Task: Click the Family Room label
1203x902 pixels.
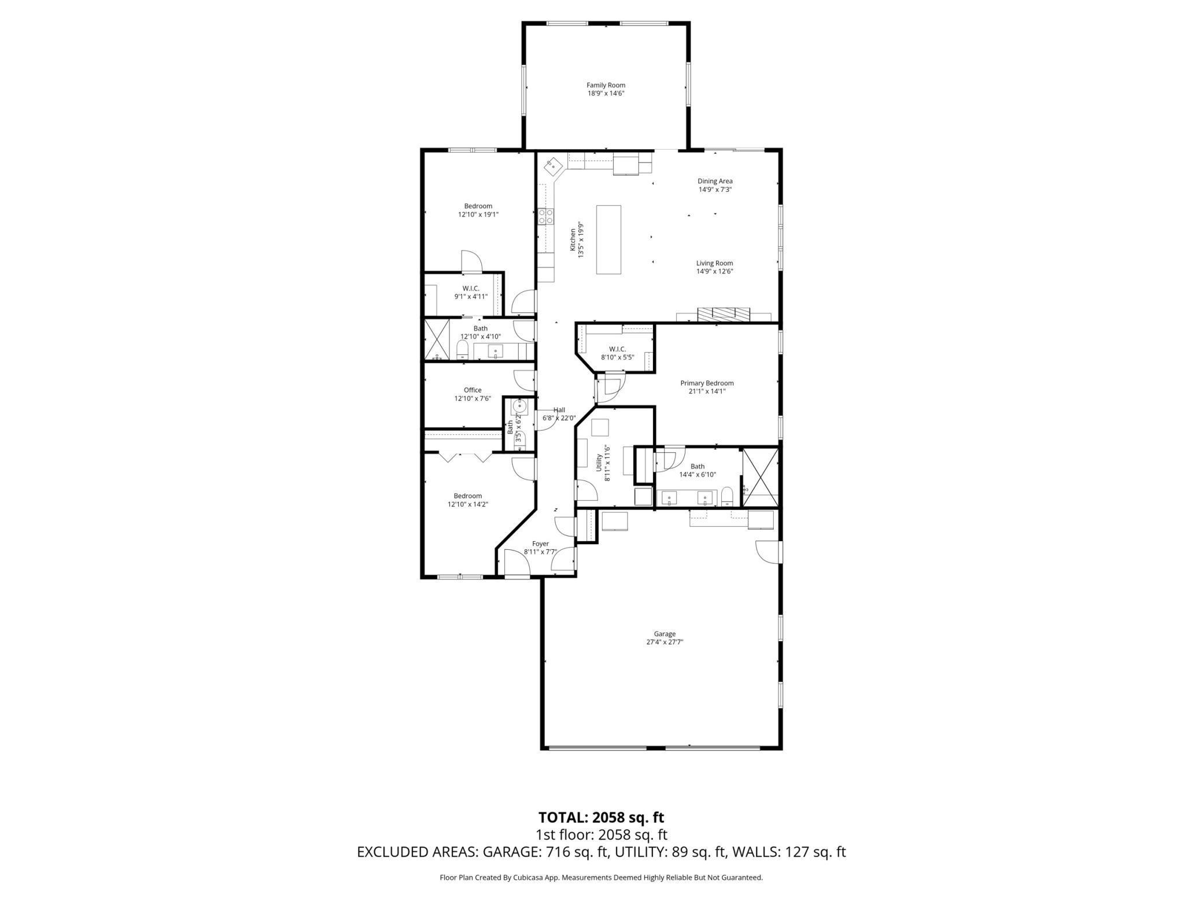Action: [x=606, y=86]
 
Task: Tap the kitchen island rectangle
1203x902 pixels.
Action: [x=608, y=239]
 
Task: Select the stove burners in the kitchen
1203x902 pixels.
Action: [x=545, y=216]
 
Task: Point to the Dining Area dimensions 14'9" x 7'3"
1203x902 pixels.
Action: [x=715, y=189]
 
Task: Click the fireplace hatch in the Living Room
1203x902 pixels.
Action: [x=724, y=314]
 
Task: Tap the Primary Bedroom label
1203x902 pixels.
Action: [x=706, y=383]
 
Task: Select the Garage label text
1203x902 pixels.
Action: [x=665, y=634]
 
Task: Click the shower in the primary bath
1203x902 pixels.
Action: [x=761, y=477]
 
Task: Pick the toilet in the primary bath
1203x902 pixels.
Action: [x=727, y=496]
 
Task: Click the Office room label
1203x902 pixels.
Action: [x=472, y=390]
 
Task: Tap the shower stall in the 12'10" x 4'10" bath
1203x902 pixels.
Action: [x=437, y=339]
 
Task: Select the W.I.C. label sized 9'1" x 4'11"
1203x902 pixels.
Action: [x=470, y=289]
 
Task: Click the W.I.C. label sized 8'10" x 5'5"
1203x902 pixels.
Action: [x=617, y=349]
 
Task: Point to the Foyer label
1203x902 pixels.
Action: [x=540, y=544]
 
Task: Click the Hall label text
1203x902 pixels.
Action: [x=559, y=410]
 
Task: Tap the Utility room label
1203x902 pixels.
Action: [x=599, y=463]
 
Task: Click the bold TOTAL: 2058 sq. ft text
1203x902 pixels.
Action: [x=601, y=817]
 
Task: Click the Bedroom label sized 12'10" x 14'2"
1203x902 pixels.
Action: [x=467, y=496]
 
